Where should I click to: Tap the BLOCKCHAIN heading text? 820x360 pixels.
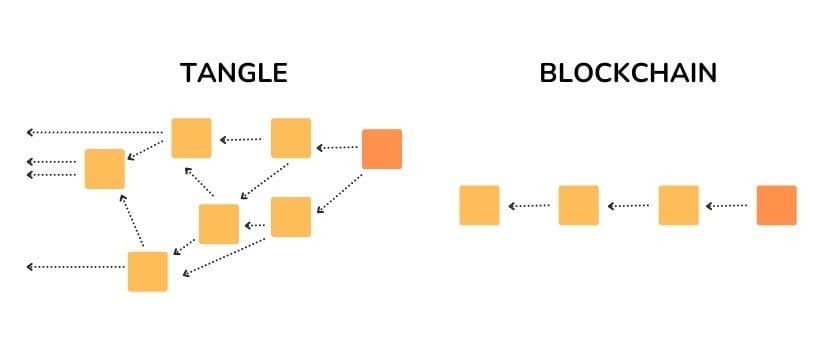pyautogui.click(x=628, y=73)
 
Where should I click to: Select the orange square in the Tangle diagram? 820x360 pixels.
pyautogui.click(x=381, y=148)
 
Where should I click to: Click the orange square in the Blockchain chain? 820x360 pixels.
pyautogui.click(x=776, y=205)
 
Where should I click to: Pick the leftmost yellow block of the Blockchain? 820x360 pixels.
pyautogui.click(x=479, y=205)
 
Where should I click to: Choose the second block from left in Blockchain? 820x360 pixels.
pyautogui.click(x=578, y=205)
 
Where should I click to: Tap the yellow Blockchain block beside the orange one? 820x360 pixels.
pyautogui.click(x=678, y=205)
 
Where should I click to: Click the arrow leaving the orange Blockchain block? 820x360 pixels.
pyautogui.click(x=727, y=206)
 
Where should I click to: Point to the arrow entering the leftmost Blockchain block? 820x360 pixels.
pyautogui.click(x=529, y=206)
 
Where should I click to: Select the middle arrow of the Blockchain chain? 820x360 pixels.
pyautogui.click(x=628, y=206)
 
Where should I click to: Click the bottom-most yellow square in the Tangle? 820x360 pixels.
pyautogui.click(x=147, y=271)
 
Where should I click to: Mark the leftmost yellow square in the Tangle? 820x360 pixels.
pyautogui.click(x=104, y=169)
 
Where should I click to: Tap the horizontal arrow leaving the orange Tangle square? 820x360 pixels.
pyautogui.click(x=337, y=148)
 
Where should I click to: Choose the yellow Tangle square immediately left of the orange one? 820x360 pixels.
pyautogui.click(x=291, y=138)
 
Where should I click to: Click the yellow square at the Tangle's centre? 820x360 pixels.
pyautogui.click(x=218, y=224)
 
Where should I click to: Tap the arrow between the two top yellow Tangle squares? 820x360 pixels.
pyautogui.click(x=241, y=139)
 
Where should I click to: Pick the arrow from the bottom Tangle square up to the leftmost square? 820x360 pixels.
pyautogui.click(x=133, y=220)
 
